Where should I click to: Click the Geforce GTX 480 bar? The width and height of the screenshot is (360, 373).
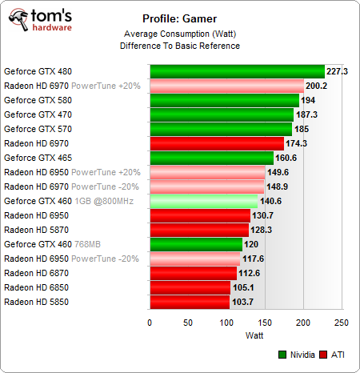click(x=237, y=71)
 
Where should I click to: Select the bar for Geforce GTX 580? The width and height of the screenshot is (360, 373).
click(x=224, y=100)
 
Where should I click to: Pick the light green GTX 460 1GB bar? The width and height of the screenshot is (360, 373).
click(x=203, y=201)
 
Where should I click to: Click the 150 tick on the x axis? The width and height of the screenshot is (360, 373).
click(x=265, y=323)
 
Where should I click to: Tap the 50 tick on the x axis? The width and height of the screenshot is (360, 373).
click(x=188, y=323)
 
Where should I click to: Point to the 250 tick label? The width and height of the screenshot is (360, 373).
click(x=342, y=323)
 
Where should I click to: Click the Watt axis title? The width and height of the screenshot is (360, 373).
click(x=245, y=336)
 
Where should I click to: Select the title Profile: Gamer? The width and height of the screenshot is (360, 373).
click(x=180, y=19)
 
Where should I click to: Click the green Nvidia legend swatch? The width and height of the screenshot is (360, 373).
click(x=283, y=354)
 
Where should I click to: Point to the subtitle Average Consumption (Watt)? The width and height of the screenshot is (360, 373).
click(x=180, y=34)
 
